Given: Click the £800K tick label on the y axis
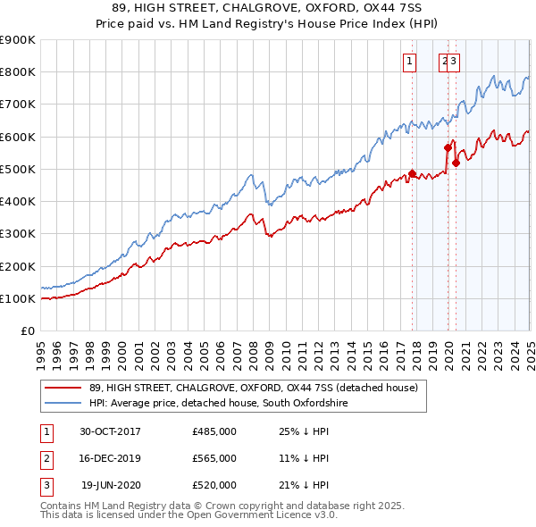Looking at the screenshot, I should (x=18, y=72).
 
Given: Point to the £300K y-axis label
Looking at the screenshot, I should (x=18, y=234).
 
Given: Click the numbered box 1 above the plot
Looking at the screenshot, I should (x=409, y=62).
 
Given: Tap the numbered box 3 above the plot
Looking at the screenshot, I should (x=454, y=62).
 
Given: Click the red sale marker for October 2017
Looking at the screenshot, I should (x=412, y=173).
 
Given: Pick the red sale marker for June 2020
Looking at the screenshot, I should (x=456, y=163).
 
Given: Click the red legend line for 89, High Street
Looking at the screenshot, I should (x=63, y=388).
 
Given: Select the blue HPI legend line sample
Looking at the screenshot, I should (x=63, y=404).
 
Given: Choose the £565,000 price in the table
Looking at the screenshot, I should (x=214, y=458).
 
